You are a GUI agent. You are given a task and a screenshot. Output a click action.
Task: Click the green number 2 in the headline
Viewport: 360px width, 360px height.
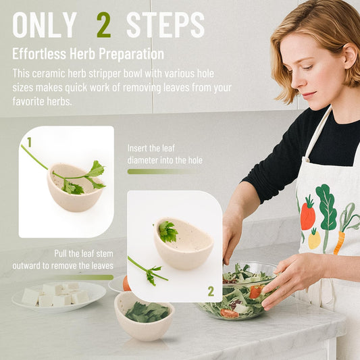tap(103, 25)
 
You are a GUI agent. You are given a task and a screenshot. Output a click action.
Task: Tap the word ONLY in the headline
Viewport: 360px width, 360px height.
tap(45, 25)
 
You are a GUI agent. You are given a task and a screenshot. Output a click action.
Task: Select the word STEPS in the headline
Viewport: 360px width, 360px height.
tap(165, 25)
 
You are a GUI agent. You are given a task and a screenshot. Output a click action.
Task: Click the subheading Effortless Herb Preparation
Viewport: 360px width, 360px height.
tap(88, 53)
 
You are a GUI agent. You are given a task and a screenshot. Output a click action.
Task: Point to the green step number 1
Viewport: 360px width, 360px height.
tap(29, 142)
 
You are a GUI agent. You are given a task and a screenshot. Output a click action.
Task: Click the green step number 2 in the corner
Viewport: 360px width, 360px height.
tap(211, 291)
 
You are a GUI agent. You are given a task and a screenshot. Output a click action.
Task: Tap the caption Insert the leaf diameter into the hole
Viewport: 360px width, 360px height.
tap(165, 154)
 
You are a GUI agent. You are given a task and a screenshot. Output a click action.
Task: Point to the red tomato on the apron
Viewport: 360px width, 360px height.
tap(307, 214)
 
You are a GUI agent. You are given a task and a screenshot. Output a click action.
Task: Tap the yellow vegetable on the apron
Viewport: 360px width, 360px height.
tap(314, 238)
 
